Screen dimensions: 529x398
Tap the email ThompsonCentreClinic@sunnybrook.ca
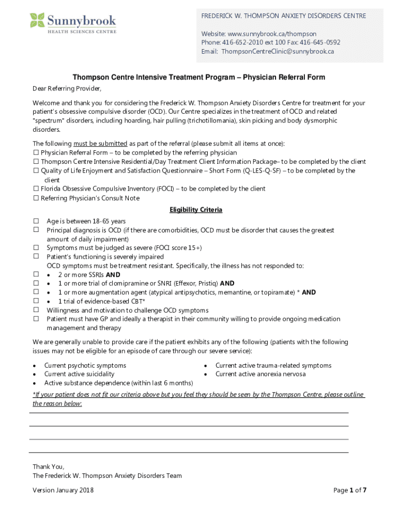pos(278,51)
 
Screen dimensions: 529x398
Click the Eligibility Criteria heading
pos(196,210)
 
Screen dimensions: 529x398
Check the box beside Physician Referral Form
pos(36,153)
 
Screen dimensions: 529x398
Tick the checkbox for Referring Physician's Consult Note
pos(36,198)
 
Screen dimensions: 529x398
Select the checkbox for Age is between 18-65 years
pos(37,221)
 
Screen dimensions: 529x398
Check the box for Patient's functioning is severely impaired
pos(37,257)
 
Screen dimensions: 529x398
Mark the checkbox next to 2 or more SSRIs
pos(37,275)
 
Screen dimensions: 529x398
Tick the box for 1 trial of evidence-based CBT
pos(37,301)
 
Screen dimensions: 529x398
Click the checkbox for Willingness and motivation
pos(37,310)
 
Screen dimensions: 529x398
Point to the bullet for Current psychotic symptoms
pos(34,366)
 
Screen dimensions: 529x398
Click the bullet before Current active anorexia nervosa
pos(206,375)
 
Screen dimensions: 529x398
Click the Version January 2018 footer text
pos(63,490)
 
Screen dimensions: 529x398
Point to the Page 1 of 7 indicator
pos(350,490)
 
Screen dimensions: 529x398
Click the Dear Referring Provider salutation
pos(64,88)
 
